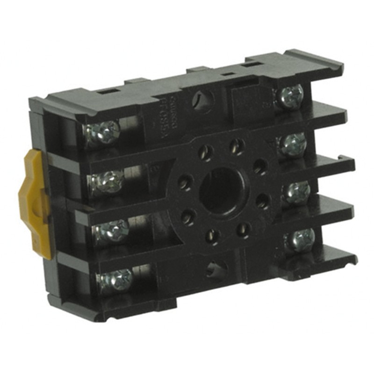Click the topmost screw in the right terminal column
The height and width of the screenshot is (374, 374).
pos(289,97)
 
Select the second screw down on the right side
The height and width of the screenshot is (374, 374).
pos(293,144)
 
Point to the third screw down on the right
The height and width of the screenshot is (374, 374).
pos(297,192)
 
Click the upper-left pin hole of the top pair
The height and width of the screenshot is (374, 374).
pos(206,151)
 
